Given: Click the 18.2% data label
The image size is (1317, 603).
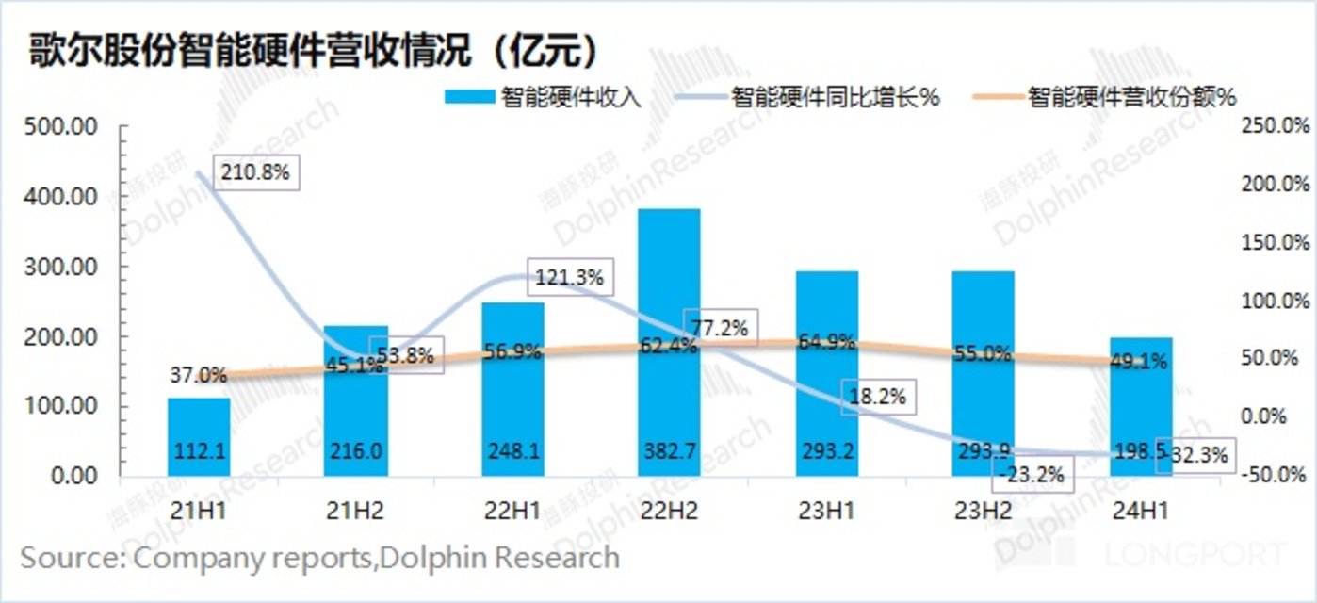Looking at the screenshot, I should click(x=875, y=397).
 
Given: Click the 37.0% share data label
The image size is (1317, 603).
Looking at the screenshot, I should click(x=199, y=375).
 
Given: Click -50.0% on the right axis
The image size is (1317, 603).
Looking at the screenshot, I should click(x=1272, y=474).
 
